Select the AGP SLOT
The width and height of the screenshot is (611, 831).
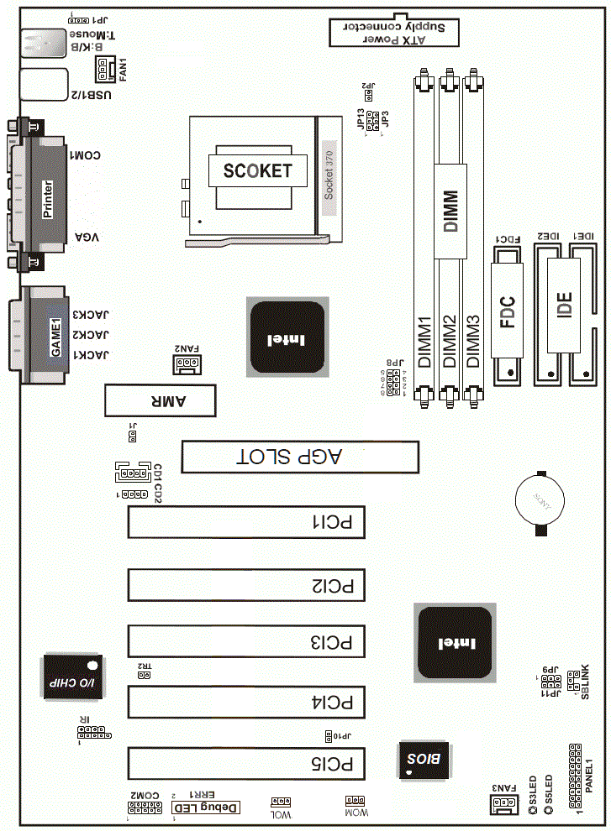pos(300,457)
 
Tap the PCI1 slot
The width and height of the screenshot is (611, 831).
pos(245,522)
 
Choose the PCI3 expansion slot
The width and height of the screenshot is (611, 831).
pos(245,641)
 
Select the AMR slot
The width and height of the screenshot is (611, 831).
pos(160,400)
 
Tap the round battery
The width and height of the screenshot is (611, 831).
pos(539,500)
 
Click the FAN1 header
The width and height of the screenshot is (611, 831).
pos(103,76)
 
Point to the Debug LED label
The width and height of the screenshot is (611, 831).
pos(207,807)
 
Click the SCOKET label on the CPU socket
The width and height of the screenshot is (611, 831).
pos(257,171)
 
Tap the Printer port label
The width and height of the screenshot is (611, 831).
pos(48,199)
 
